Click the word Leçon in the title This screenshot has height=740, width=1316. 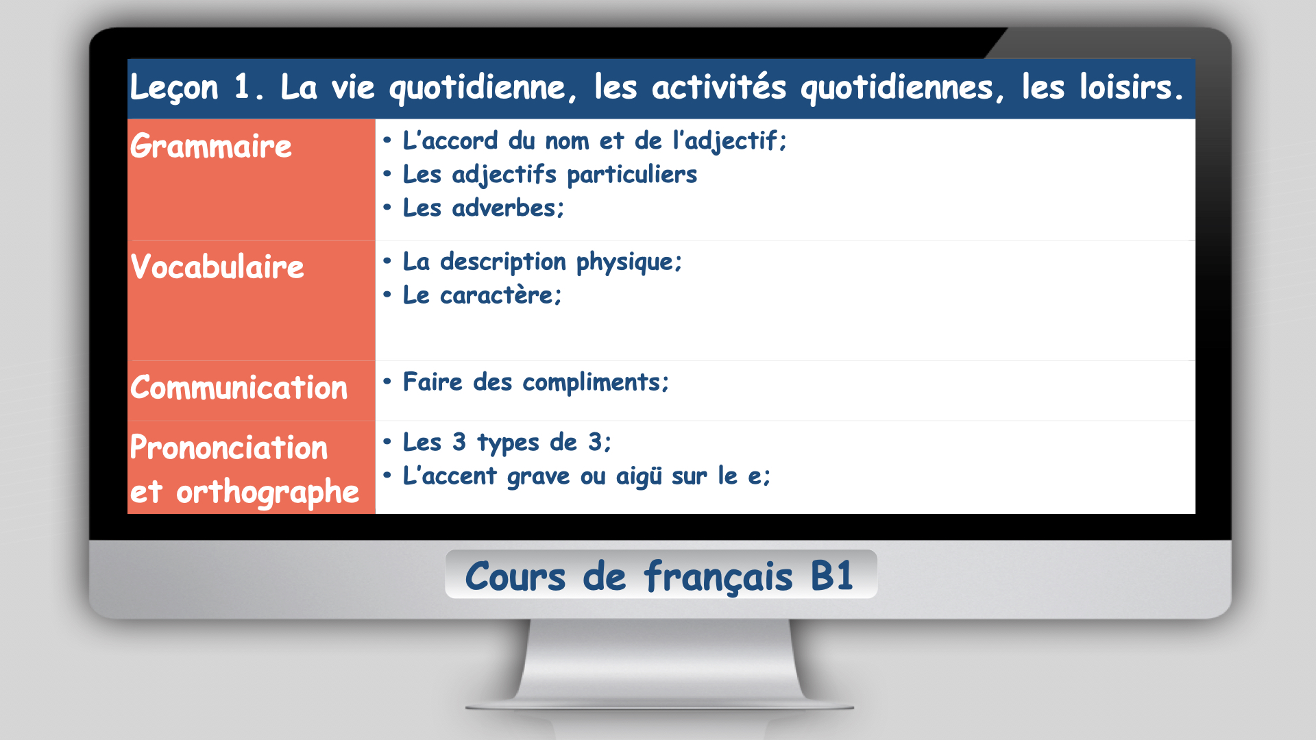point(174,88)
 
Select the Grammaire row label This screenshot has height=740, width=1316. point(211,146)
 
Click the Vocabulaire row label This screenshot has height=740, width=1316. point(217,267)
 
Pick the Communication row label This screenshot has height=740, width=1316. point(239,387)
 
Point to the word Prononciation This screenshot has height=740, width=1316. point(229,447)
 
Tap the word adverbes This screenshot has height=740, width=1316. point(507,208)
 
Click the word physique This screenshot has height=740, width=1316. point(629,262)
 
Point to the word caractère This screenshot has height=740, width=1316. point(500,295)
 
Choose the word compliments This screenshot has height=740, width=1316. point(596,383)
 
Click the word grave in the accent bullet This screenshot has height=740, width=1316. point(538,477)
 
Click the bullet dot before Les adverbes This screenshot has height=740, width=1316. point(387,208)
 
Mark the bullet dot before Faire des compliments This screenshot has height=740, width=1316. point(387,382)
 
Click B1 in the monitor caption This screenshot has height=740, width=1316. point(831,576)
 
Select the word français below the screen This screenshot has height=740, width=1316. point(718,577)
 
